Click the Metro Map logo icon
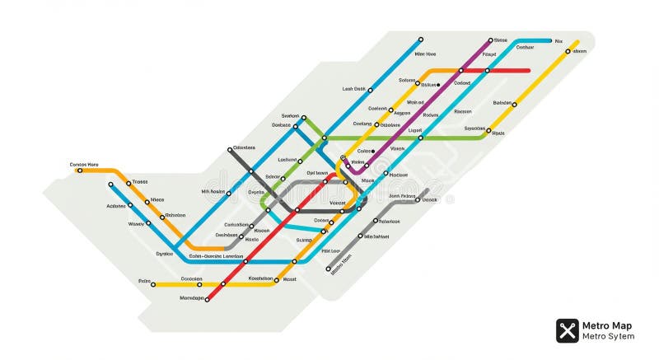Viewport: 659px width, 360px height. tap(567, 330)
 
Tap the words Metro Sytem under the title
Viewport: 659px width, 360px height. tap(608, 336)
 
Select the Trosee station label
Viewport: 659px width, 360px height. tap(140, 181)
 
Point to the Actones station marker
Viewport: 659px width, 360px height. tap(130, 204)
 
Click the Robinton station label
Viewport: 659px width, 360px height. tap(175, 215)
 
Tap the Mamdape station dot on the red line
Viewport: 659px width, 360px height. tap(207, 299)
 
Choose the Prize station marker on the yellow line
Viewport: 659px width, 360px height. tap(153, 285)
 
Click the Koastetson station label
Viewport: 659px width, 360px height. tap(260, 278)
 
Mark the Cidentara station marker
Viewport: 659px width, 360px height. tap(230, 150)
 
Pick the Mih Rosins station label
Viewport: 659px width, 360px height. tap(213, 192)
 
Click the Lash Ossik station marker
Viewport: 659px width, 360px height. tap(370, 90)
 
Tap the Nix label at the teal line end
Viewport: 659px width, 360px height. tap(559, 40)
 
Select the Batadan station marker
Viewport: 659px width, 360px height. tap(515, 105)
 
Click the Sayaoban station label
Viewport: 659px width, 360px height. tap(474, 129)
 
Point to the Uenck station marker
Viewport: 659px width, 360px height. tap(418, 200)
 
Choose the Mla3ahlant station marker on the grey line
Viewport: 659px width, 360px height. tap(361, 236)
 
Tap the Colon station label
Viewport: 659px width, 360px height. tap(365, 151)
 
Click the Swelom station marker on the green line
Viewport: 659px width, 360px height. tap(303, 118)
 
